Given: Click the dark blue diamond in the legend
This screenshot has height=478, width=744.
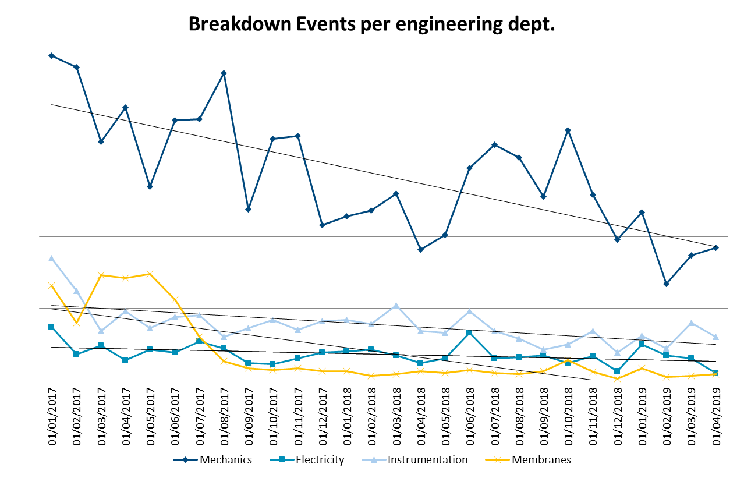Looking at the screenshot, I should [185, 459].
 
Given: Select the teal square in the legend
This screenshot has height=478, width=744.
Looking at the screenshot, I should [282, 459].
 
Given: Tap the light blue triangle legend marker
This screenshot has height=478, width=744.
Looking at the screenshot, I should [374, 459].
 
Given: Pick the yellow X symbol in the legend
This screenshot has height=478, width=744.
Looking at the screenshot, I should [497, 459].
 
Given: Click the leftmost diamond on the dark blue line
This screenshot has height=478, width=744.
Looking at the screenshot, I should [51, 56].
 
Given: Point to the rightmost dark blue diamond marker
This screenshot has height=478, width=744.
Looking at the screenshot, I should [715, 247].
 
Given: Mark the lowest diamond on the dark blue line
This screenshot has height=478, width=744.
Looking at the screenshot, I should [666, 284].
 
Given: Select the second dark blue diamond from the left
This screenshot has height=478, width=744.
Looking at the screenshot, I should [76, 68].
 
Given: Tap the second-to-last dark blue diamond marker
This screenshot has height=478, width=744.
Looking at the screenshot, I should [691, 255].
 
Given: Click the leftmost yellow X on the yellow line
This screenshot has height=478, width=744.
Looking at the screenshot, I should [51, 285].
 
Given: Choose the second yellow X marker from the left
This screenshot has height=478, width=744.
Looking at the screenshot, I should [76, 323].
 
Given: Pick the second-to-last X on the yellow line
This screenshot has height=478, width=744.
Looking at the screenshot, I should [691, 376].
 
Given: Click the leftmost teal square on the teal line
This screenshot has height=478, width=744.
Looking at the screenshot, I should [51, 327].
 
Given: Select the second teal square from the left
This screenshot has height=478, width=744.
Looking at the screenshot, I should [76, 354].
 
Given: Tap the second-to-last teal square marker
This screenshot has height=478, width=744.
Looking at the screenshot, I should [691, 358].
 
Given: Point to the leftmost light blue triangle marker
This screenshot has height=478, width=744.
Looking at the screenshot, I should [51, 258].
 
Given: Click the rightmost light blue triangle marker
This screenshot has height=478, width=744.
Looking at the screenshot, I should [715, 337].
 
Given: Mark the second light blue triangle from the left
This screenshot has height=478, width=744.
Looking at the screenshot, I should [76, 290].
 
